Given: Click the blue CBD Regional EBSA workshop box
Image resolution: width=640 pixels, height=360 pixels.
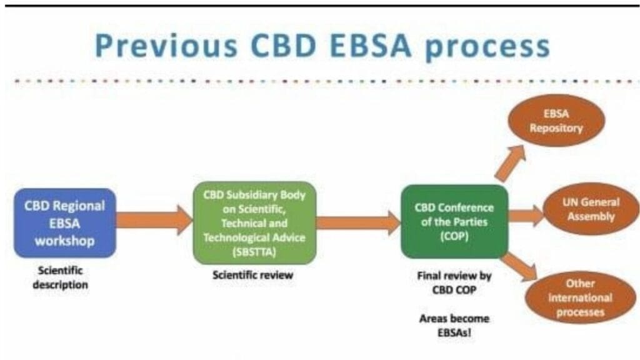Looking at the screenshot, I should click(65, 222).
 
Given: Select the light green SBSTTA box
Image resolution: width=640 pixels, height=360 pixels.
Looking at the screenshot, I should click(254, 222).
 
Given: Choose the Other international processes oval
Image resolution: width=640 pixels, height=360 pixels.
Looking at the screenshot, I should click(581, 297).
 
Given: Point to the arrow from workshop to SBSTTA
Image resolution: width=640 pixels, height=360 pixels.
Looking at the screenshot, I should click(154, 220).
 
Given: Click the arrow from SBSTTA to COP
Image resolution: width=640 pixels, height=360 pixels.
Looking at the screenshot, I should click(358, 222).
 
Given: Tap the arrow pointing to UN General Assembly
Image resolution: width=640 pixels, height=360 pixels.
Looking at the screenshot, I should click(526, 216).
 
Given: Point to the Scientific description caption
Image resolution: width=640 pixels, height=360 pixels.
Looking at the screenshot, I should click(62, 278).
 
